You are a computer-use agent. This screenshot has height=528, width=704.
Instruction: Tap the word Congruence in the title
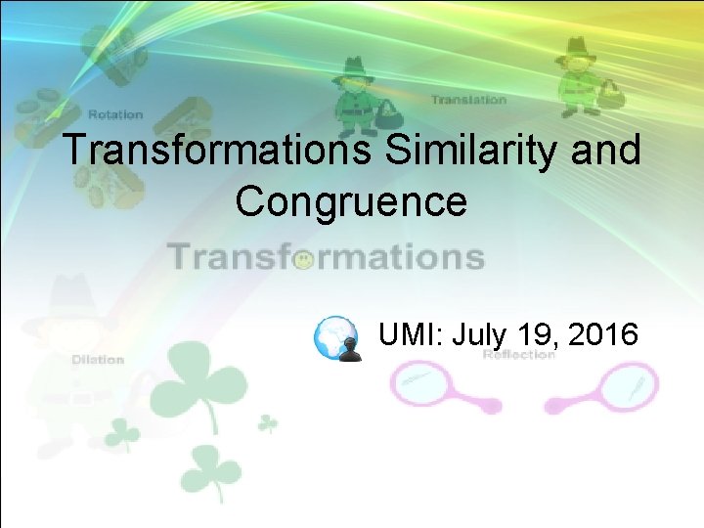pyautogui.click(x=351, y=201)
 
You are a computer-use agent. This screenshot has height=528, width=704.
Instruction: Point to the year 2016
pyautogui.click(x=602, y=335)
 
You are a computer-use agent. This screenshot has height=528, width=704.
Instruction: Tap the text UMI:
pyautogui.click(x=410, y=335)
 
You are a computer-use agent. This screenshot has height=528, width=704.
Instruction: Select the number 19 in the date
pyautogui.click(x=537, y=335)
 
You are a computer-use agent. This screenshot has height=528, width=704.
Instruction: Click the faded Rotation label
pyautogui.click(x=114, y=114)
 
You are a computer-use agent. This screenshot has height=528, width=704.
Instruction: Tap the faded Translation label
pyautogui.click(x=468, y=100)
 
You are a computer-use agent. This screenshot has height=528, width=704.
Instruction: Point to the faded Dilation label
pyautogui.click(x=97, y=359)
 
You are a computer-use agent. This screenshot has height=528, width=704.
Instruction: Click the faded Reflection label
pyautogui.click(x=518, y=355)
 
